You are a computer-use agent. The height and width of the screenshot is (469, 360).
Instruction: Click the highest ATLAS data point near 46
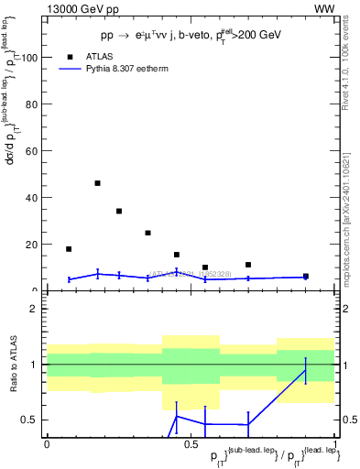pos(97,183)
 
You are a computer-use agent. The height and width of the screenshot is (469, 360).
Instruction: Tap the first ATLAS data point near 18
pos(69,249)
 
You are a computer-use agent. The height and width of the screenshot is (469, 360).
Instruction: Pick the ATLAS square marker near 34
pos(119,212)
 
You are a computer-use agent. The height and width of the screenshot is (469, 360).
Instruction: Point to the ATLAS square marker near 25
pos(147,233)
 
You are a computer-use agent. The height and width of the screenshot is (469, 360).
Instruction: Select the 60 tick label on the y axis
pos(33,150)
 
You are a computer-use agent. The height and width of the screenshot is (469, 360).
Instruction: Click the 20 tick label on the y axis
pos(33,244)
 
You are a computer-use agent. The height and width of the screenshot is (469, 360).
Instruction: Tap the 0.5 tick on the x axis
pos(191,443)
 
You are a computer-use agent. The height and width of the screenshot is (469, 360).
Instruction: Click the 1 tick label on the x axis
pos(335,443)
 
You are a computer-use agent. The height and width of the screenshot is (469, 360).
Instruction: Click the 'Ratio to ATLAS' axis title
pos(13,365)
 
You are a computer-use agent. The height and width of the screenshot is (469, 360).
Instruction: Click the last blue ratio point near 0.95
pos(305,370)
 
